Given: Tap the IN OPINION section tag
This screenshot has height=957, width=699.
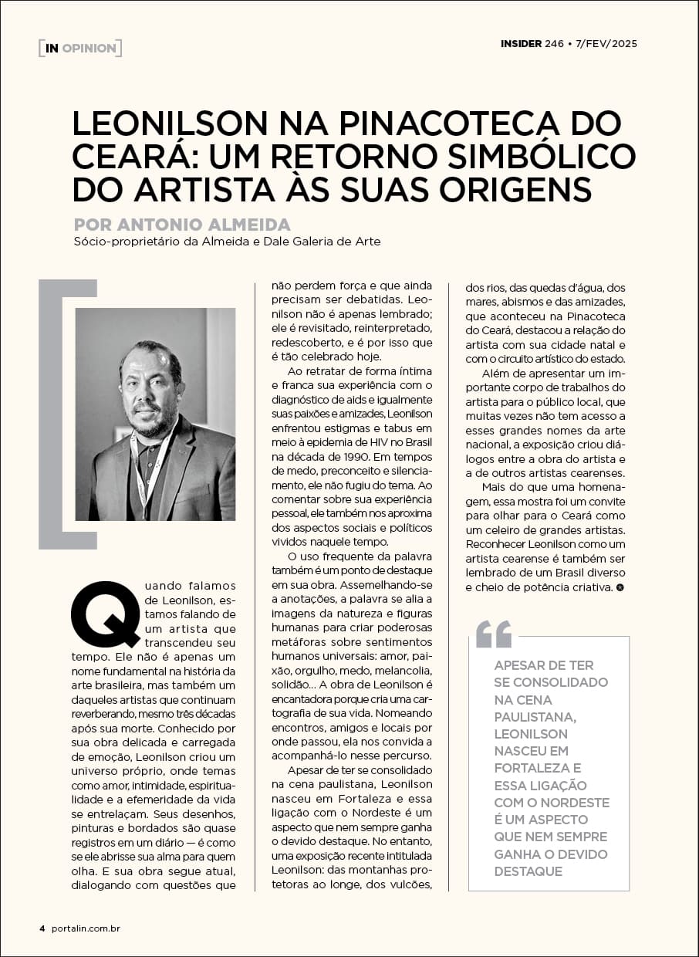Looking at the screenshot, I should pos(80,48).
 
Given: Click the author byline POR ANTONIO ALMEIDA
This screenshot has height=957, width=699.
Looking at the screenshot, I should pos(182,225).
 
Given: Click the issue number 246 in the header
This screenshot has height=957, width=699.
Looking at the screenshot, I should pos(554,43).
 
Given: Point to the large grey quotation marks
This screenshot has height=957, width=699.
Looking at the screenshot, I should pos(494,634).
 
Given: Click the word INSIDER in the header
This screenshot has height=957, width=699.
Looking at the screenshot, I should pos(521,43).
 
